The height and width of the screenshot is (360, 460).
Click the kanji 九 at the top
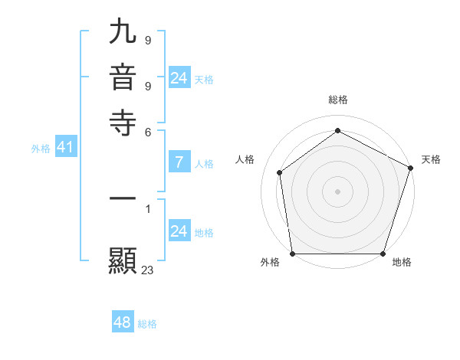[123, 34]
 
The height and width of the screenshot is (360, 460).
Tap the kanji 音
[123, 78]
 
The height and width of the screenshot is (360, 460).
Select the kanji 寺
[123, 121]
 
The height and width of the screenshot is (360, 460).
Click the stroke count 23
[148, 270]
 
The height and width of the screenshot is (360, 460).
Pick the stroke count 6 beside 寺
[147, 131]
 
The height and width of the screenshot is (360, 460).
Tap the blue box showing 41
[65, 148]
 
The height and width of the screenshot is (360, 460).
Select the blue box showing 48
[123, 322]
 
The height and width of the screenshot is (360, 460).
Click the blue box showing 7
[179, 162]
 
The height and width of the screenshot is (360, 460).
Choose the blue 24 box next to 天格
[179, 78]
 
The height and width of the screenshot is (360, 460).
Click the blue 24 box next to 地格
[179, 232]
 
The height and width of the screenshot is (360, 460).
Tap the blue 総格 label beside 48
[147, 324]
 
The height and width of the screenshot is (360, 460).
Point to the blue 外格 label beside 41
[41, 149]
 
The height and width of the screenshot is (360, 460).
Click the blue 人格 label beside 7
[205, 163]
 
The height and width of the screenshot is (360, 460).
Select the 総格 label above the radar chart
[337, 100]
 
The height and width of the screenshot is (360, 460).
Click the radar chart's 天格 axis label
[431, 159]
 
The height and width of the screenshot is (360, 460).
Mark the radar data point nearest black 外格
[292, 254]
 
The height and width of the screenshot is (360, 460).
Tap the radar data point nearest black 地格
[383, 254]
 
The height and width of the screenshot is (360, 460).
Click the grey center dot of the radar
[337, 191]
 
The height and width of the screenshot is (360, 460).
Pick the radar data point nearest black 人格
[280, 172]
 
